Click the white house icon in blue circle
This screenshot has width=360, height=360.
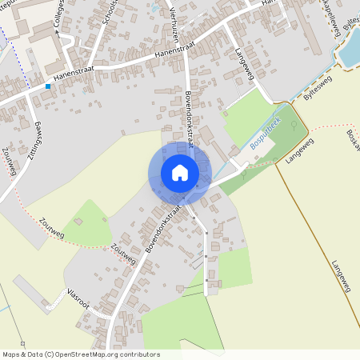point(179,173)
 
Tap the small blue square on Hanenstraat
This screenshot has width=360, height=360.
point(48,86)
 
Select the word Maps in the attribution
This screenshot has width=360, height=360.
point(12,354)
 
